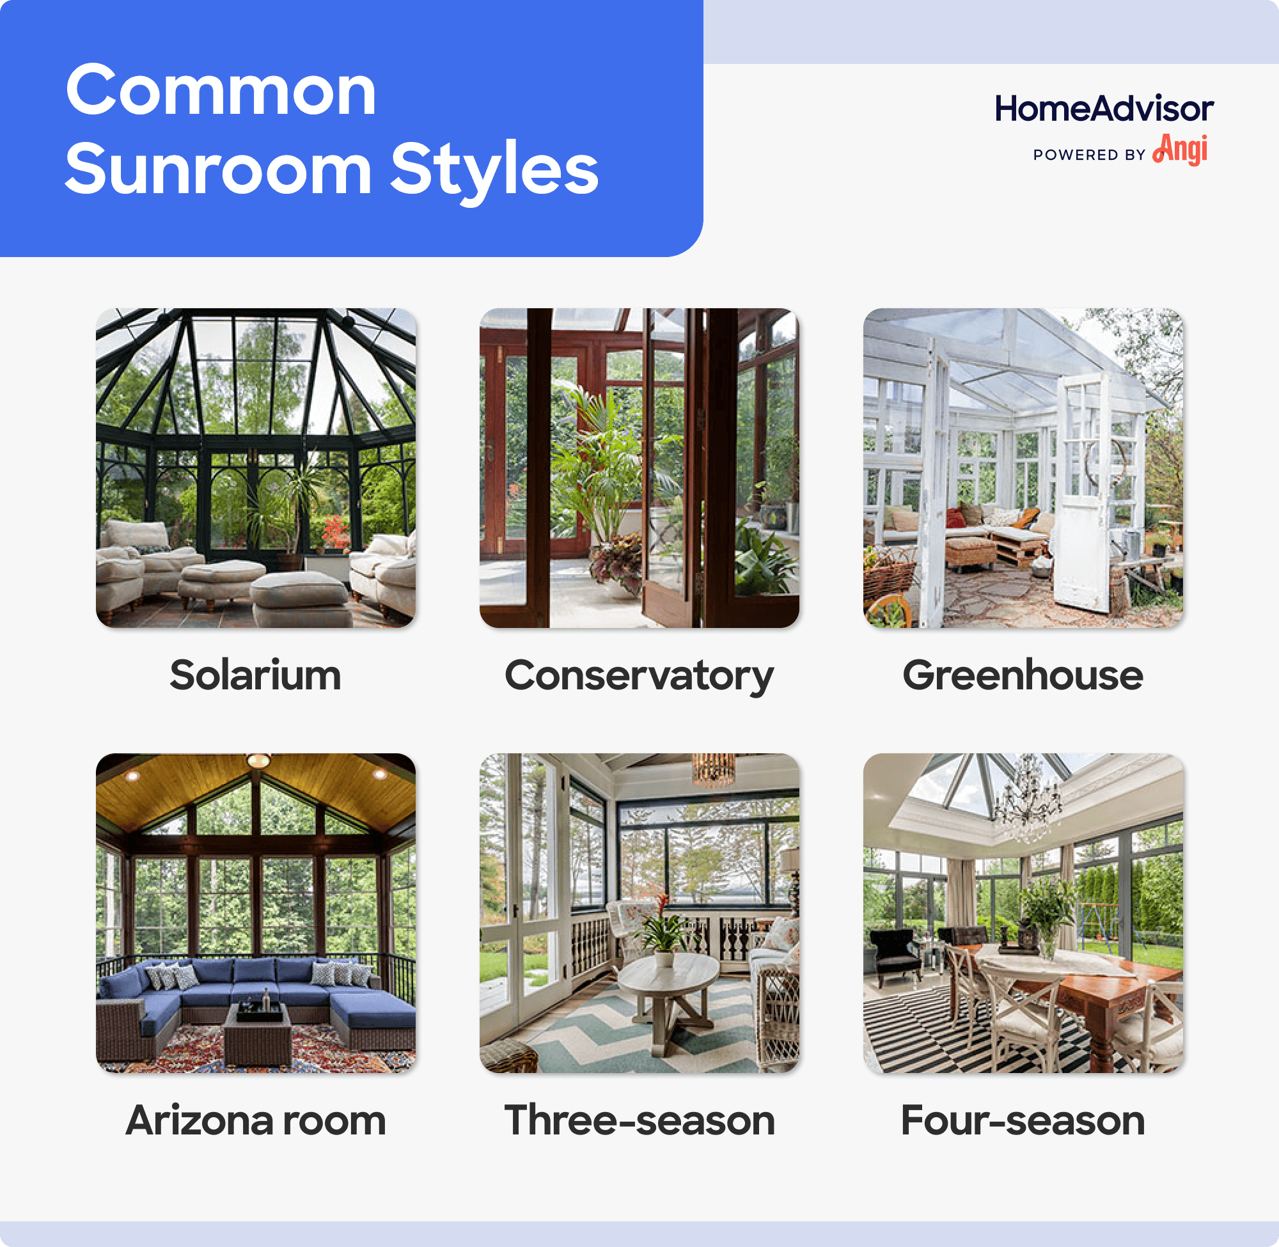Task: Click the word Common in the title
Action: [x=221, y=91]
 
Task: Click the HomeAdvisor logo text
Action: [x=1104, y=109]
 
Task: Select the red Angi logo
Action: [x=1181, y=150]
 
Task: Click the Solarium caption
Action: [x=255, y=675]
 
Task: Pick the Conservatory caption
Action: [x=639, y=675]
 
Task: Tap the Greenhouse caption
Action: [x=1023, y=675]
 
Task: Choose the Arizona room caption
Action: [x=255, y=1120]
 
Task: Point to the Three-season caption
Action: [x=639, y=1120]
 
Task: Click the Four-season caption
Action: [x=1023, y=1120]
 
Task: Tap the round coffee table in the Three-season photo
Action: [x=668, y=976]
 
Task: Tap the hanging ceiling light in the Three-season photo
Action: [x=712, y=769]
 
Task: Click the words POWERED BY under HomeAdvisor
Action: [x=1089, y=155]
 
